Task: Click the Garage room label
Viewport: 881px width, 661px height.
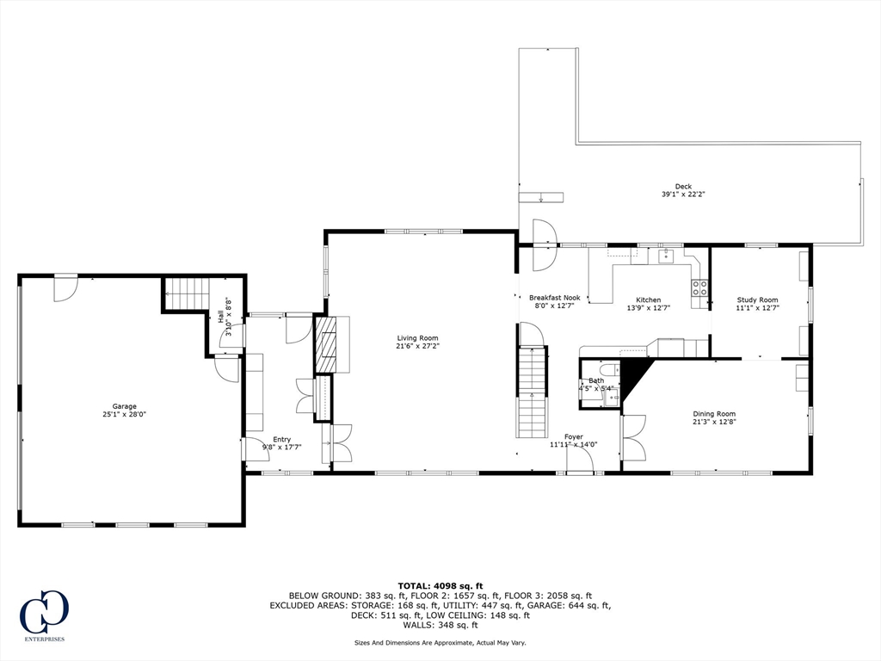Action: click(124, 406)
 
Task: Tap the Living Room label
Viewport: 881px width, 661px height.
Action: click(417, 338)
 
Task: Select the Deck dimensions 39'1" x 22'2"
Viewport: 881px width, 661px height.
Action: click(683, 195)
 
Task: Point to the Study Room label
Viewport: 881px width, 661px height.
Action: click(757, 300)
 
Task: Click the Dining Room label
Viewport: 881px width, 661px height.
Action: click(714, 414)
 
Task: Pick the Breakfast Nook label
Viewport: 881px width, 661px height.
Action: click(555, 298)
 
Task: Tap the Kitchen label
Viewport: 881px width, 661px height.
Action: click(649, 300)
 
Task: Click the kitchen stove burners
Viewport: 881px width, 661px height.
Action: click(699, 287)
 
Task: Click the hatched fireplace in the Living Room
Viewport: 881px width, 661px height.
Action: click(324, 345)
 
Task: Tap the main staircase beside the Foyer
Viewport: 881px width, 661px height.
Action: click(532, 392)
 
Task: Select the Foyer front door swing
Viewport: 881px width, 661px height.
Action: click(581, 460)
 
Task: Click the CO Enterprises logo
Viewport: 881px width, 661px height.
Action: click(45, 615)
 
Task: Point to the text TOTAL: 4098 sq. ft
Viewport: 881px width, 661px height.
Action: click(440, 585)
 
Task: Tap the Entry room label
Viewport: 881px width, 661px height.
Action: click(282, 440)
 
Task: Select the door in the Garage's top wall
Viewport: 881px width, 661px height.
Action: click(65, 287)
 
